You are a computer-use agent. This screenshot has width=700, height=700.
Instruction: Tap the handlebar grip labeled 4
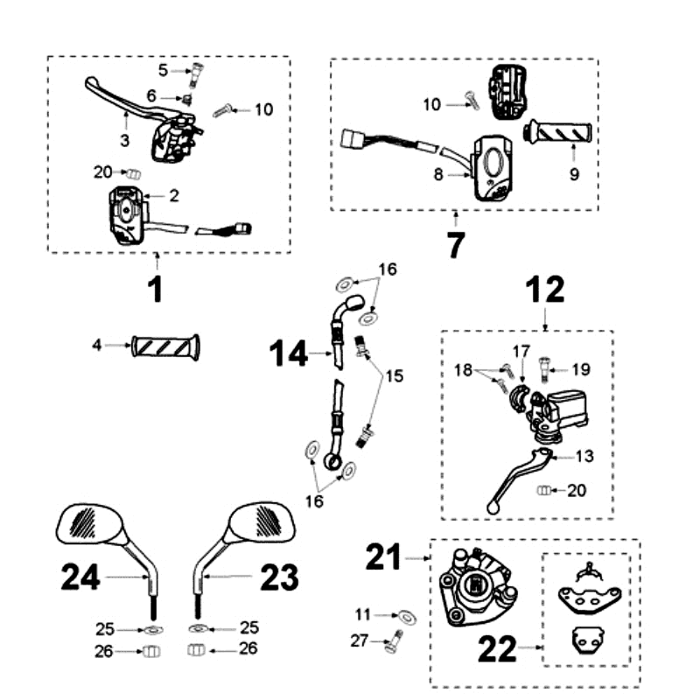(x=165, y=346)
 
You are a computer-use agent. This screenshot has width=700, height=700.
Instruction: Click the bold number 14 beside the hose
(x=289, y=354)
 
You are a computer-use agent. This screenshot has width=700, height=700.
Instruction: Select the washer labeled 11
(x=408, y=617)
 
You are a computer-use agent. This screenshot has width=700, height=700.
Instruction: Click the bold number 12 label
(x=544, y=290)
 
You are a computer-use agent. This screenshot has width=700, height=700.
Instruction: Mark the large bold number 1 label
(x=155, y=289)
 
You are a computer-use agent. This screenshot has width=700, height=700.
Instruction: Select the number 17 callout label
(x=521, y=351)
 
